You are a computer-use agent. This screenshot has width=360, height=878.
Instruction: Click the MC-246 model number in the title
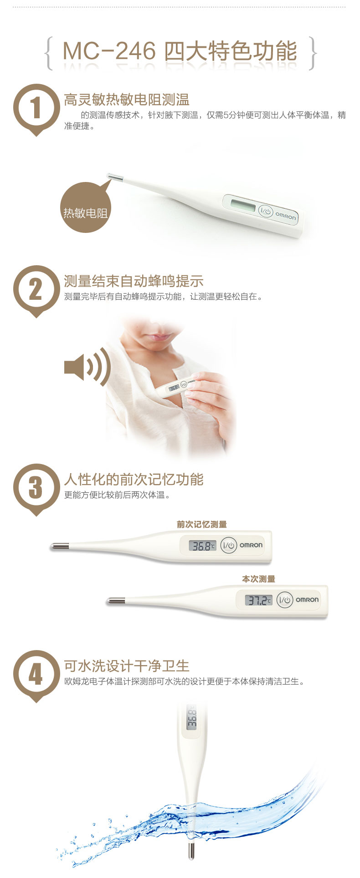(109, 51)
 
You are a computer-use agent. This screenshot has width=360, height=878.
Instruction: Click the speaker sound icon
(87, 367)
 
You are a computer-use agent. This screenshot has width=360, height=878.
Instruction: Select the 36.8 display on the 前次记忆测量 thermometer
(203, 545)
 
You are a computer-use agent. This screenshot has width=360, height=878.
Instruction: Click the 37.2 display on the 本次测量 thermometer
(259, 600)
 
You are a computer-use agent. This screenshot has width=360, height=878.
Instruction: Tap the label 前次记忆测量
(202, 525)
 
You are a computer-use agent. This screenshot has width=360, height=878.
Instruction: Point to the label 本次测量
(258, 579)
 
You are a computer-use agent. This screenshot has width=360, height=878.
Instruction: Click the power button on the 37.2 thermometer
(285, 600)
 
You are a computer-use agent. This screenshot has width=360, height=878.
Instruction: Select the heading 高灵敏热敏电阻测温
(127, 100)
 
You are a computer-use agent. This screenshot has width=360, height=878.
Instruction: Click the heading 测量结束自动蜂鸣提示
(134, 281)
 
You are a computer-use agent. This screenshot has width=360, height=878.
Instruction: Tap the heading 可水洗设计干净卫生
(127, 666)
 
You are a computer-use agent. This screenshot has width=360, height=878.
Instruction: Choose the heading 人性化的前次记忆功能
(134, 479)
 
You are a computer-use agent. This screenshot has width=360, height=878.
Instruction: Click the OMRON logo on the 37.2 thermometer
(307, 600)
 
